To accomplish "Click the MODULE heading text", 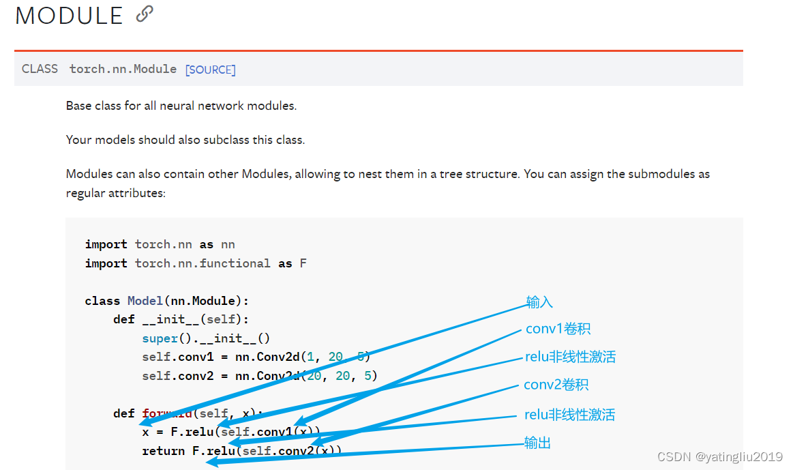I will tap(69, 16).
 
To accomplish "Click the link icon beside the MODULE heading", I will tap(145, 14).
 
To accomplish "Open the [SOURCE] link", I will tap(210, 70).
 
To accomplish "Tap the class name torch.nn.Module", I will tap(123, 69).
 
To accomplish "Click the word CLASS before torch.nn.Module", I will tap(40, 69).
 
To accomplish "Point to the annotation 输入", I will tap(539, 302).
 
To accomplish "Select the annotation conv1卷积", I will tap(558, 329).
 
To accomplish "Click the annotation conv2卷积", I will tap(556, 385).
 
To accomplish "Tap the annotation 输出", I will tap(537, 443).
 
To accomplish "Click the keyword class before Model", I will tap(102, 301).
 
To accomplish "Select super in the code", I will tap(160, 338).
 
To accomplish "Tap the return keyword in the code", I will tap(163, 451).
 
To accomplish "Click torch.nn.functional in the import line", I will tap(203, 263).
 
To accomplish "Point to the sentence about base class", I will tap(181, 106).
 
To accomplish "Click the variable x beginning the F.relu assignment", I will tap(145, 432).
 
